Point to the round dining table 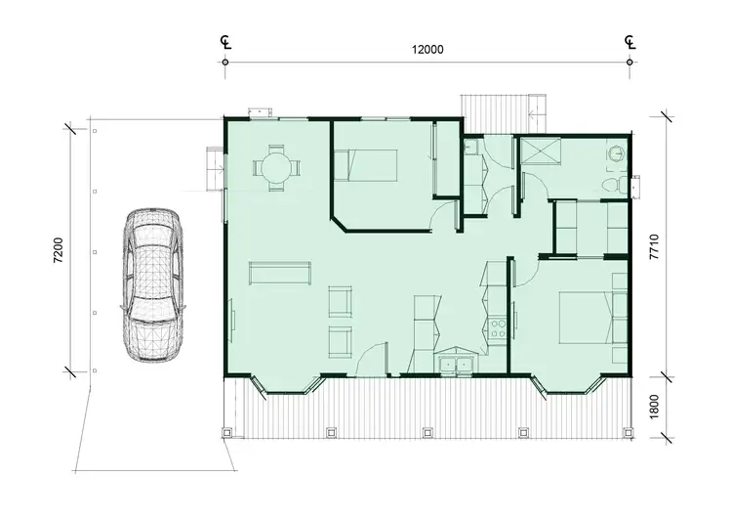coord(275,168)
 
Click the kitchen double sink coord(455,367)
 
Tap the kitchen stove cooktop coord(498,326)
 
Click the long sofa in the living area coord(280,273)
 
